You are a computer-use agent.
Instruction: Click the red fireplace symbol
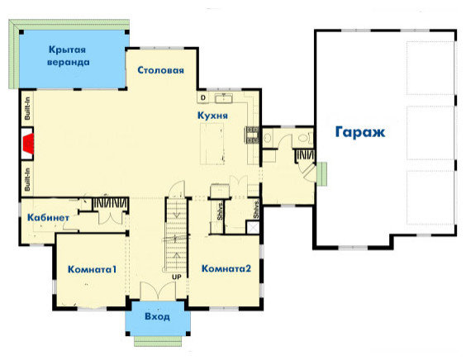pyautogui.click(x=31, y=147)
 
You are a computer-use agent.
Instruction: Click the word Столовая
pyautogui.click(x=161, y=70)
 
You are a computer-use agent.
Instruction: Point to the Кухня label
pyautogui.click(x=212, y=116)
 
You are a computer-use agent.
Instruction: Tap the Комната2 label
pyautogui.click(x=226, y=268)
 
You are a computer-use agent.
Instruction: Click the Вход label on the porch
pyautogui.click(x=157, y=316)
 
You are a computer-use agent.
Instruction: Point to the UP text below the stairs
pyautogui.click(x=177, y=276)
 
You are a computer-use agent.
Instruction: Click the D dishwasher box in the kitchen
pyautogui.click(x=202, y=97)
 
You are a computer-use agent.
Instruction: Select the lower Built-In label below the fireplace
pyautogui.click(x=27, y=179)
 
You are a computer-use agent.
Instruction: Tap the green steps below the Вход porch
pyautogui.click(x=157, y=341)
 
